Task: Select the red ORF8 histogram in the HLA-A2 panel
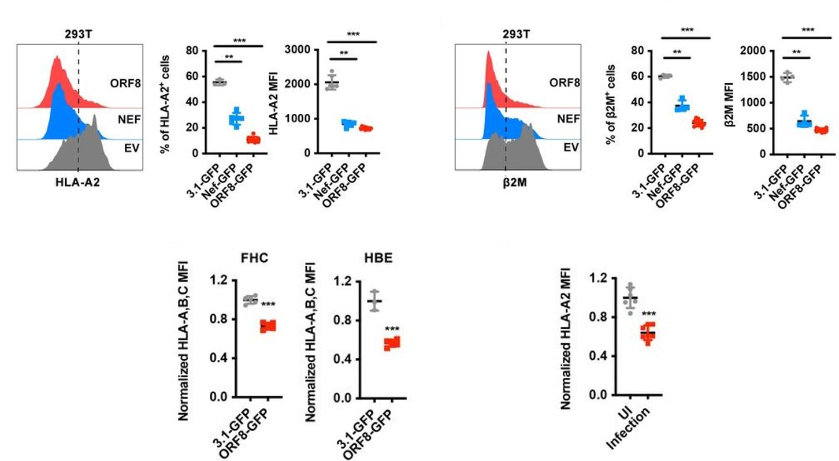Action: pos(58,87)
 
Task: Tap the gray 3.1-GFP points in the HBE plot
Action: pos(374,300)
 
